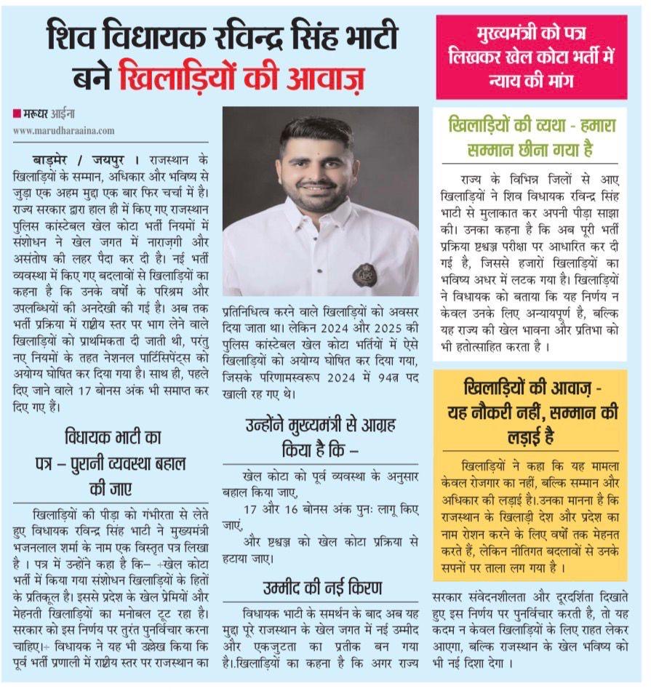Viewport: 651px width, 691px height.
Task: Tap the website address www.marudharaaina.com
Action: click(63, 130)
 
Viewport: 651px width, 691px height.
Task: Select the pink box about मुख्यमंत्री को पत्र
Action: click(531, 57)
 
